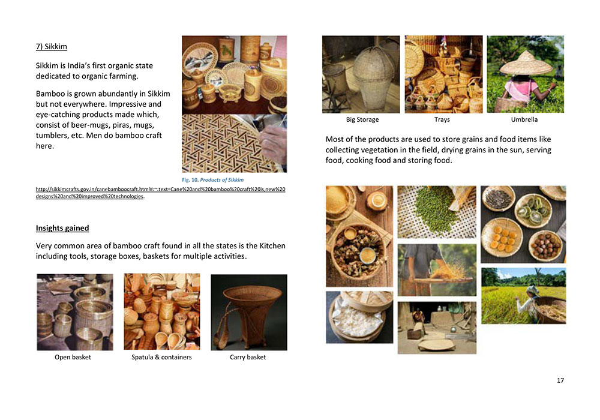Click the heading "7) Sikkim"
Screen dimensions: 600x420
51,47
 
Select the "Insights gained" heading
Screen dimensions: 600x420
62,229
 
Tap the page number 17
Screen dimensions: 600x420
560,380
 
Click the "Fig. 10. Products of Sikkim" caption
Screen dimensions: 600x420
213,180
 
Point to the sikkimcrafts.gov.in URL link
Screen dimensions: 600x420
160,193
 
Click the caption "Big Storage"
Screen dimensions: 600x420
362,120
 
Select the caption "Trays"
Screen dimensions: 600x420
442,120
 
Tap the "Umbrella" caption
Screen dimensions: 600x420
524,120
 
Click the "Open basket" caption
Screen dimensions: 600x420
73,357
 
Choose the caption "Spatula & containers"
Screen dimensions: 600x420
161,357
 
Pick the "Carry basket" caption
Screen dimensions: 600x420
248,357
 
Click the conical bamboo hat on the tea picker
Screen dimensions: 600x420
526,63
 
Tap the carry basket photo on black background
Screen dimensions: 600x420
249,312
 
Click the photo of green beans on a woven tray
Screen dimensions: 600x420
437,212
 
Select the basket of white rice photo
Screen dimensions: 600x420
359,317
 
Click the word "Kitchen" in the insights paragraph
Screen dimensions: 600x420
272,246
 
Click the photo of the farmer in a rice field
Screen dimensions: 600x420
523,296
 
